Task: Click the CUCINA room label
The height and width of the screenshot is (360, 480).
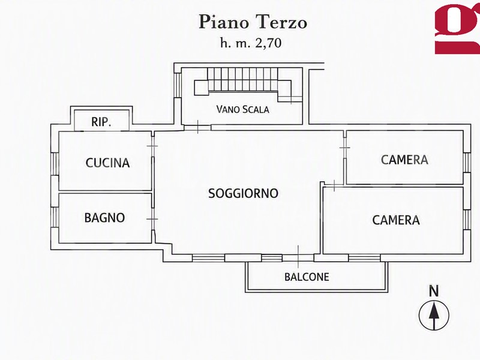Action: (x=107, y=163)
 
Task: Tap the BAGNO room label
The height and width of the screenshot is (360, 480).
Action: (x=104, y=218)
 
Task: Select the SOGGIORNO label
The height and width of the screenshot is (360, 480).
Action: (x=243, y=193)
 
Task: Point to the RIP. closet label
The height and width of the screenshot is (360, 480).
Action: (x=101, y=122)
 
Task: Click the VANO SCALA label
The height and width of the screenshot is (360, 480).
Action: (x=242, y=109)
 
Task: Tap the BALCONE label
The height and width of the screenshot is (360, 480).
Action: (x=307, y=277)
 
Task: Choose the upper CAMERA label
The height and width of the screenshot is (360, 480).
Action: (x=404, y=160)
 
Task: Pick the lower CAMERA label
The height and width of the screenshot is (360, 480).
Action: (x=396, y=220)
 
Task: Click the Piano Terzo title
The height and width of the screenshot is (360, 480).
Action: (x=253, y=22)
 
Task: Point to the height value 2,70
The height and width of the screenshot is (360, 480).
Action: (x=268, y=43)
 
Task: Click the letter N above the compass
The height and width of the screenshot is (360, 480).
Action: (x=433, y=291)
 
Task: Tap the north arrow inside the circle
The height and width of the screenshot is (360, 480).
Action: (x=433, y=314)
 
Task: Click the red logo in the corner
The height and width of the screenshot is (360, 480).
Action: (x=457, y=29)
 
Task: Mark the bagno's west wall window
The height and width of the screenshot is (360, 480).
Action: (x=55, y=217)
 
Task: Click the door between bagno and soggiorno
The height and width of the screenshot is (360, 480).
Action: (x=152, y=219)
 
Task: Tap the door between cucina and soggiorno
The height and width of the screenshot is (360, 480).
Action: (x=152, y=146)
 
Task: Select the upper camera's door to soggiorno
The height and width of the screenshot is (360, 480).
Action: (x=344, y=148)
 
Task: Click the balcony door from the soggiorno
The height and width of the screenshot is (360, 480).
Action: (x=298, y=258)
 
